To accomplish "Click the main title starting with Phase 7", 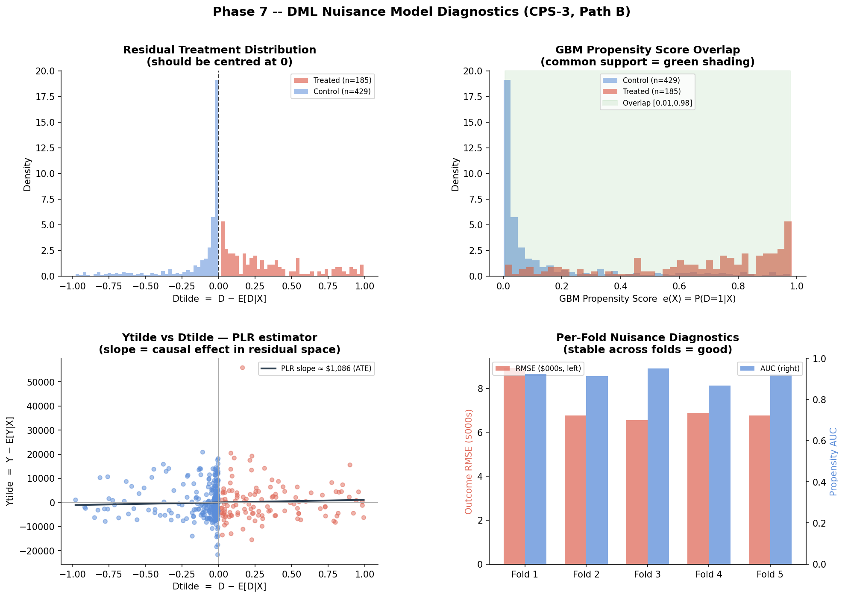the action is pyautogui.click(x=422, y=12).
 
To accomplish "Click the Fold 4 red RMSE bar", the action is pyautogui.click(x=698, y=489).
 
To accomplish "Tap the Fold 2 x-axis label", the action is pyautogui.click(x=586, y=574).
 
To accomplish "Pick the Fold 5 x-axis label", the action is pyautogui.click(x=770, y=574).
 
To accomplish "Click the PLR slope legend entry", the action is pyautogui.click(x=316, y=368).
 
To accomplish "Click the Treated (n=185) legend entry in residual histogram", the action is pyautogui.click(x=332, y=80).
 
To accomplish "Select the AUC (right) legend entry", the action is pyautogui.click(x=770, y=368).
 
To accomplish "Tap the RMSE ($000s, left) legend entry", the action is pyautogui.click(x=538, y=368).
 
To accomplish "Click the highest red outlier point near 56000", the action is pyautogui.click(x=242, y=368).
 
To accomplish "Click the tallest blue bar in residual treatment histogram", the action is pyautogui.click(x=217, y=178).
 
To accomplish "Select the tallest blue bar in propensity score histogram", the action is pyautogui.click(x=507, y=178).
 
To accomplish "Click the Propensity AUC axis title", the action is pyautogui.click(x=833, y=461).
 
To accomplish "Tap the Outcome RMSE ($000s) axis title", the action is pyautogui.click(x=469, y=462).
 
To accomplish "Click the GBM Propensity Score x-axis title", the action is pyautogui.click(x=648, y=299).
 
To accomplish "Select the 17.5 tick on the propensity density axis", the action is pyautogui.click(x=473, y=97).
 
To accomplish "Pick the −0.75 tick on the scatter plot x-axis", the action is pyautogui.click(x=109, y=574).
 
